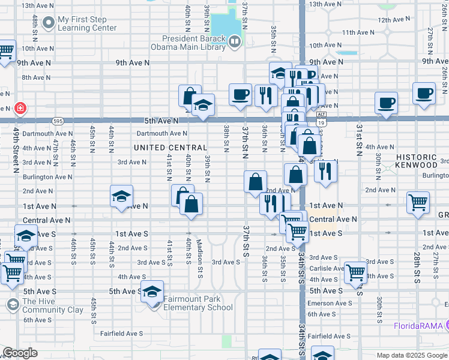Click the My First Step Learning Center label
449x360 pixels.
(x=88, y=23)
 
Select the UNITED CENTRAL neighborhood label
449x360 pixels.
(x=170, y=148)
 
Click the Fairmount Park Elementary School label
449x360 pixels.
(x=197, y=304)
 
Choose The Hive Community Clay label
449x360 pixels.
(x=53, y=305)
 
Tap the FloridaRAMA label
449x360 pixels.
(x=418, y=326)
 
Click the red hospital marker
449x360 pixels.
(x=20, y=108)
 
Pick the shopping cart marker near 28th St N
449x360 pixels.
(x=418, y=202)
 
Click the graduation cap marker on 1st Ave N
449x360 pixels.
(x=121, y=196)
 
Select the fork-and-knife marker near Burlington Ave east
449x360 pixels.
(x=325, y=170)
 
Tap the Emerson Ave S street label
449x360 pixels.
(x=330, y=304)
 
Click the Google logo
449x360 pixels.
(x=20, y=353)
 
